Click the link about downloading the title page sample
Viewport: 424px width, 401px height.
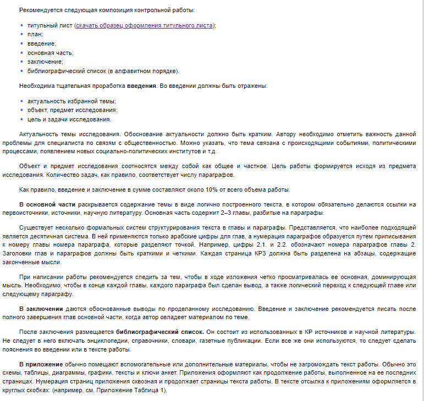[145, 25]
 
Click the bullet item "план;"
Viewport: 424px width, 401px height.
[35, 34]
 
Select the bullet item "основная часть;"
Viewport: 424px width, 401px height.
[50, 53]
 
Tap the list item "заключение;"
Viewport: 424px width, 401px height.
[45, 62]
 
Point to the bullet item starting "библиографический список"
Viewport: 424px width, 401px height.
[103, 71]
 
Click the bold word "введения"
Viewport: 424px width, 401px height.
[142, 86]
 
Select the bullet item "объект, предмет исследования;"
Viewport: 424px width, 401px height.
[72, 110]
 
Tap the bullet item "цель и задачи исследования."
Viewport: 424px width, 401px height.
[69, 119]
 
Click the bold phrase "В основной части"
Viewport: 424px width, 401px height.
[43, 205]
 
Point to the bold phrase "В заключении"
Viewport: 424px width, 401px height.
[40, 309]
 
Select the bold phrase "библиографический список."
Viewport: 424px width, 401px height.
[159, 333]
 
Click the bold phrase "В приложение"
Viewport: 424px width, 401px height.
[41, 365]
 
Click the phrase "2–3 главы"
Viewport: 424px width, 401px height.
[263, 214]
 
